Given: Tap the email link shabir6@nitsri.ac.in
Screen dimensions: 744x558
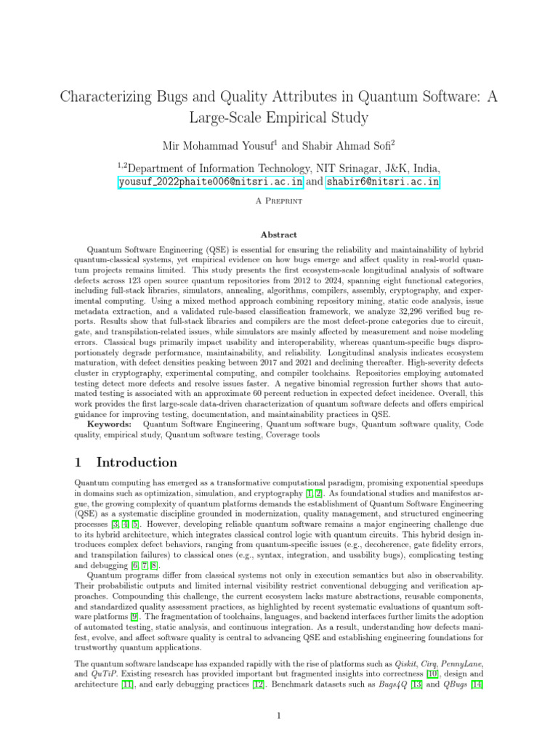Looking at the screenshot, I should point(382,182).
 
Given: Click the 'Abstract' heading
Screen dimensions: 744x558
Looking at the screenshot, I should point(279,235).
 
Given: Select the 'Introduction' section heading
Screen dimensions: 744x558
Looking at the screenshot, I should point(137,463).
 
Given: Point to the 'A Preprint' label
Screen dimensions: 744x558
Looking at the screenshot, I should point(279,202).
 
